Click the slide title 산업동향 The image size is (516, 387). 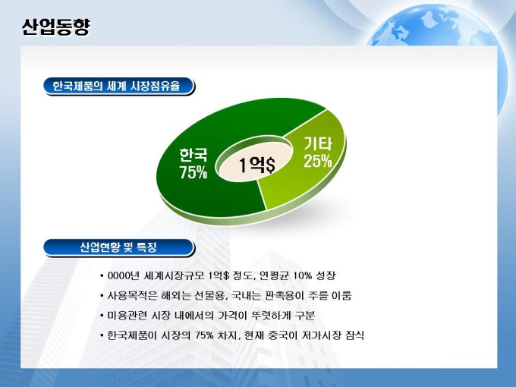click(55, 27)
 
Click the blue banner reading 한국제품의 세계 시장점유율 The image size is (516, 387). click(119, 87)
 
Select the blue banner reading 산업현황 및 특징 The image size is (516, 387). click(119, 248)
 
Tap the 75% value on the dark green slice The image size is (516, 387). click(193, 172)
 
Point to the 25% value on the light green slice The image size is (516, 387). click(317, 161)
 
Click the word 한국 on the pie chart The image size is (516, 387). click(193, 155)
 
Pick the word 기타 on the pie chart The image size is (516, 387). click(317, 143)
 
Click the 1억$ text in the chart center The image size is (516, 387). click(256, 165)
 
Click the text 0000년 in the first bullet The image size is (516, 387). click(124, 275)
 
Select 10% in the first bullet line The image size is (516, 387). click(302, 275)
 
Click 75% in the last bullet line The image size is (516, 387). click(204, 335)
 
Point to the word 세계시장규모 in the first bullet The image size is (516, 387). click(174, 275)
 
